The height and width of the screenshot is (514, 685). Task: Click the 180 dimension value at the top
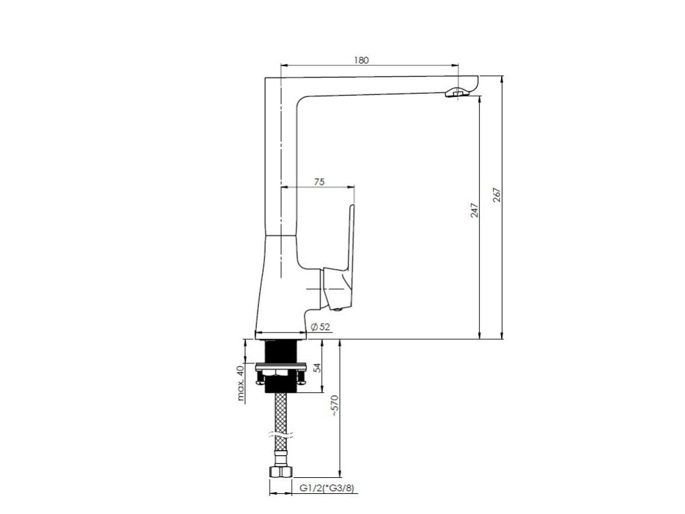pyautogui.click(x=361, y=60)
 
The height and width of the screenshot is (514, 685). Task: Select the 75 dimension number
pyautogui.click(x=319, y=181)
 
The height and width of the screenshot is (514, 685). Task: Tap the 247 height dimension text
pyautogui.click(x=474, y=210)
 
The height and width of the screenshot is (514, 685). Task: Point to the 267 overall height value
pyautogui.click(x=498, y=195)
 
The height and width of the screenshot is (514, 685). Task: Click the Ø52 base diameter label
pyautogui.click(x=320, y=327)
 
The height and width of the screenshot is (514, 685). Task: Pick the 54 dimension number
pyautogui.click(x=318, y=367)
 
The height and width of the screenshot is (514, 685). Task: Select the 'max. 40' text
pyautogui.click(x=240, y=383)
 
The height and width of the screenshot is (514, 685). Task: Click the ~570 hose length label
pyautogui.click(x=334, y=406)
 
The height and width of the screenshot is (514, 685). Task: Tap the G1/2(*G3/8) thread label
pyautogui.click(x=326, y=488)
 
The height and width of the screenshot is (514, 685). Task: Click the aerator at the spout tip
pyautogui.click(x=456, y=92)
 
